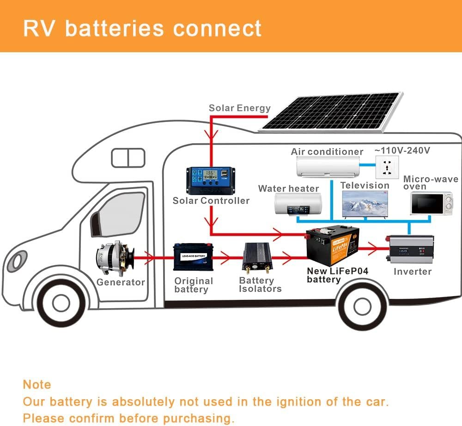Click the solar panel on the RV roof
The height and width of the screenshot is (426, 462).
tap(332, 111)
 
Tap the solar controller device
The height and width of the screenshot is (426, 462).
tap(207, 180)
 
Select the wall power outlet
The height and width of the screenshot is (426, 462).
tap(388, 168)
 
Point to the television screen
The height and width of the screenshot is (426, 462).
tap(365, 203)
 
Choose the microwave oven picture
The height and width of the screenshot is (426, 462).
tap(431, 203)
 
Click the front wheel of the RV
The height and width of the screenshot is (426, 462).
tap(61, 303)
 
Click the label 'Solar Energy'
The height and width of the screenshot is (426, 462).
tap(239, 108)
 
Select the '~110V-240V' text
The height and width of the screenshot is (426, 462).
tap(402, 150)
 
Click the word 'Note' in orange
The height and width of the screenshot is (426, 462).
tap(37, 384)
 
